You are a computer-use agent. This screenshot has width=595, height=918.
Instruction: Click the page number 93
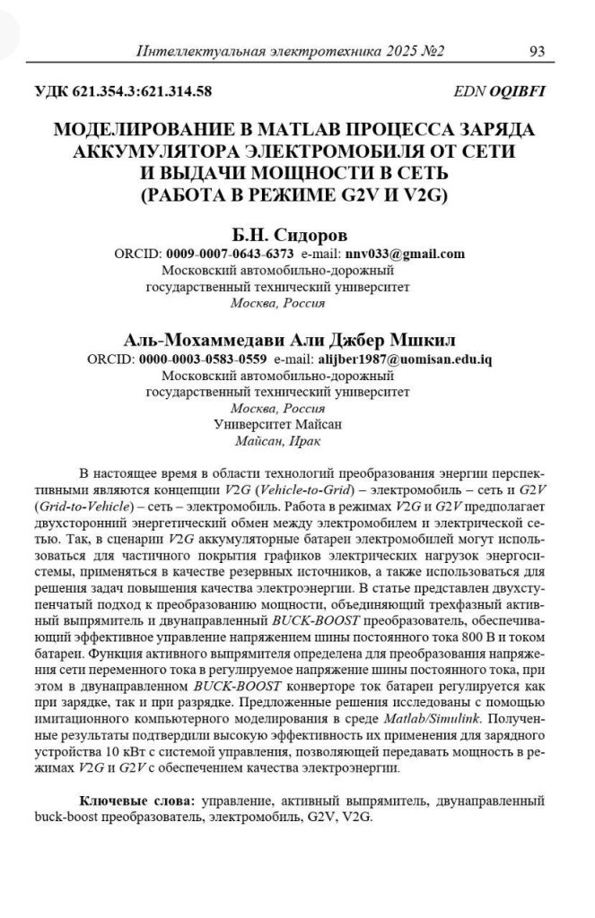pos(538,51)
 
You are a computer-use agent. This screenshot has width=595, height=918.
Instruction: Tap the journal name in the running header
pos(290,51)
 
